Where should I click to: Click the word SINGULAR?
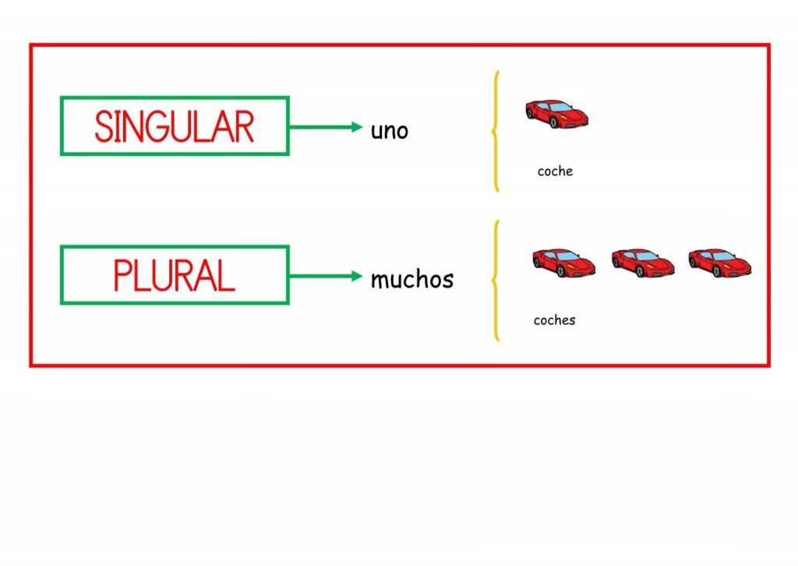pos(174,126)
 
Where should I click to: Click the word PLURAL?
pos(174,275)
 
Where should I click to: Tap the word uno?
pos(390,131)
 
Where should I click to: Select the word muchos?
pos(411,279)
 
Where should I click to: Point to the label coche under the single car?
pos(555,171)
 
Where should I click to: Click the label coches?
pos(554,320)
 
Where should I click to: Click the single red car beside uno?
pos(556,114)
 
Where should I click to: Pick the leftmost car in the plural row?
pos(564,263)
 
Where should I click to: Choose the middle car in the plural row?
pos(643,263)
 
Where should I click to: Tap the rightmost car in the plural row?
pos(720,263)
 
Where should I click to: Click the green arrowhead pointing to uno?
pos(357,127)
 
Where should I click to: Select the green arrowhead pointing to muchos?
pos(357,277)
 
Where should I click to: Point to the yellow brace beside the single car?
pos(494,131)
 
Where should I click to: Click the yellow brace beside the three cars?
pos(494,281)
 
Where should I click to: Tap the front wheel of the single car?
pos(554,122)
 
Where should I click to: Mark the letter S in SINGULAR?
pos(104,126)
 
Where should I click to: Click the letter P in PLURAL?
pos(122,275)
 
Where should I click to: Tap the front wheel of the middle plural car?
pos(640,271)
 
